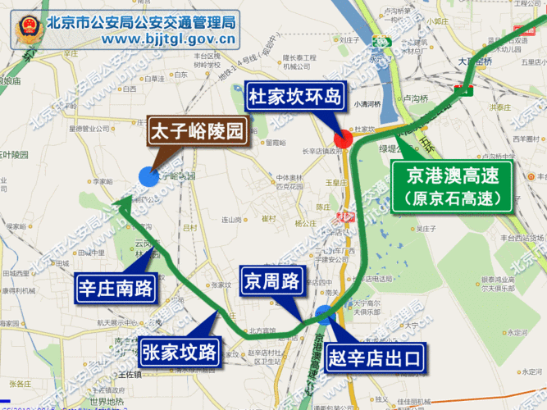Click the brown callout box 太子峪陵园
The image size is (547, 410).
[197, 131]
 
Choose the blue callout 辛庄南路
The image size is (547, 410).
[117, 288]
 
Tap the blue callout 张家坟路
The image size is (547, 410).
[178, 352]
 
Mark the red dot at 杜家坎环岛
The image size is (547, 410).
[344, 138]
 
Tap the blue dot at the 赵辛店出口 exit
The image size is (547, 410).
[324, 312]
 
